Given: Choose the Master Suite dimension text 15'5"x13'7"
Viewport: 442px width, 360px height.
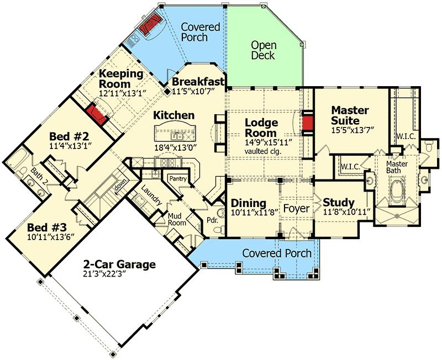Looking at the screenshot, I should (x=352, y=131).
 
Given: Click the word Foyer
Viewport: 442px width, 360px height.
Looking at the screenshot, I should (x=296, y=209).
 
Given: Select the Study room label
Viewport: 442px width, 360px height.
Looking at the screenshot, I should (x=339, y=202).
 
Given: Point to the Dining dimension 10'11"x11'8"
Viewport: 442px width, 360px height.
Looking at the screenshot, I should (x=248, y=213).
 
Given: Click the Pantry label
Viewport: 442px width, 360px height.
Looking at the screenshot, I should (x=177, y=178).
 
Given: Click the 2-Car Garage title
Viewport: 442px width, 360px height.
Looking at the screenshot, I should (x=119, y=264).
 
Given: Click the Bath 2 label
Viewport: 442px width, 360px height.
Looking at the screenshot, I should (x=38, y=176).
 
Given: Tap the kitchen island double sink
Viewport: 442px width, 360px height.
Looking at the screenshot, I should (x=177, y=135).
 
